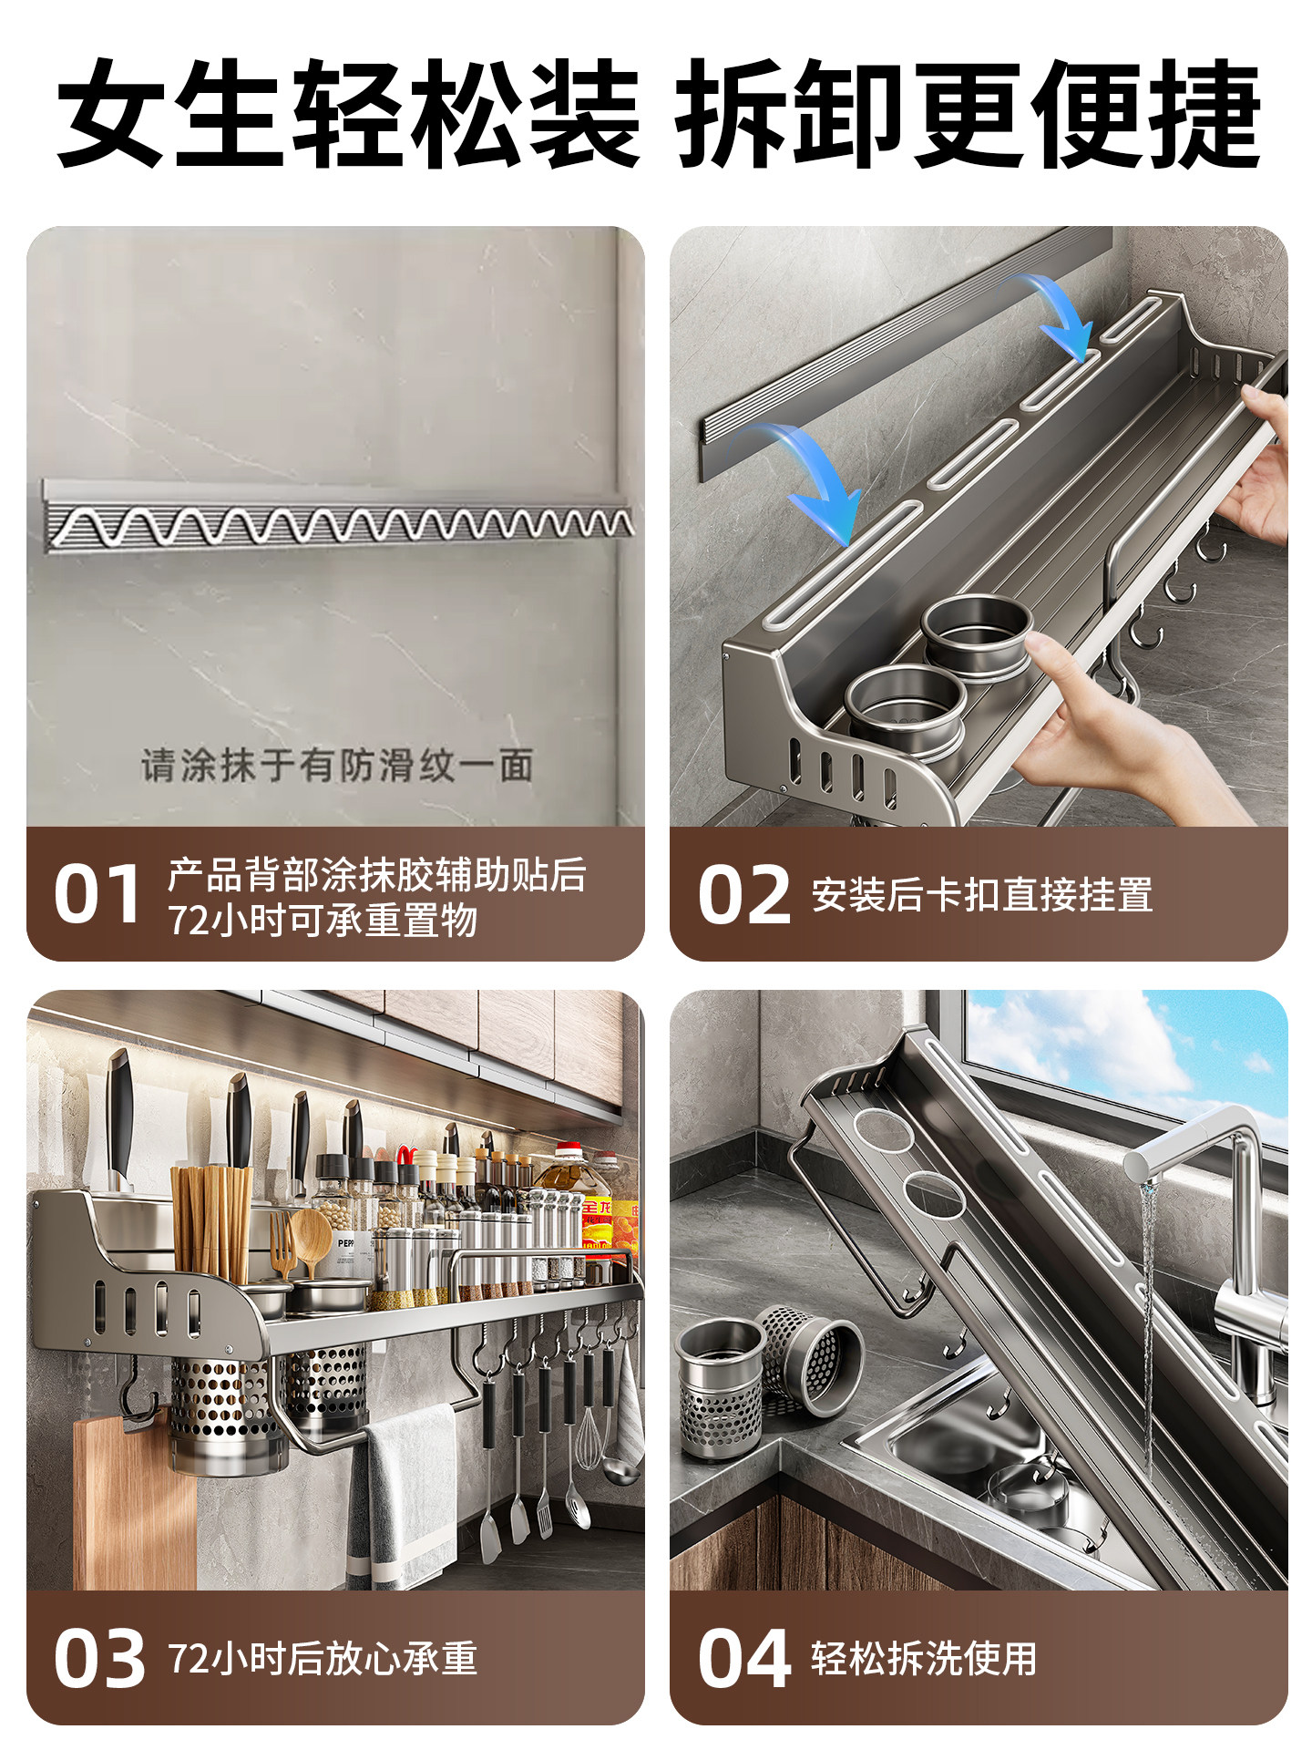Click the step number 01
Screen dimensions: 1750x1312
pos(97,894)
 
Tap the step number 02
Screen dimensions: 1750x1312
pos(743,894)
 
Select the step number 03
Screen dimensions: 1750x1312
pos(98,1658)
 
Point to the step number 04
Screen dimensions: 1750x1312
pos(743,1658)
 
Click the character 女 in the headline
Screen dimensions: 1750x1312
pos(114,114)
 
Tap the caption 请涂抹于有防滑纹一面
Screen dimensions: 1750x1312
pos(336,765)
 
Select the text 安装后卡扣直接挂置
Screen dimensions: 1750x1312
pos(981,894)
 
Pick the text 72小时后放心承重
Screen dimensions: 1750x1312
pos(323,1658)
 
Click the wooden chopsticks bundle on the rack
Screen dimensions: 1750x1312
pos(211,1221)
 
